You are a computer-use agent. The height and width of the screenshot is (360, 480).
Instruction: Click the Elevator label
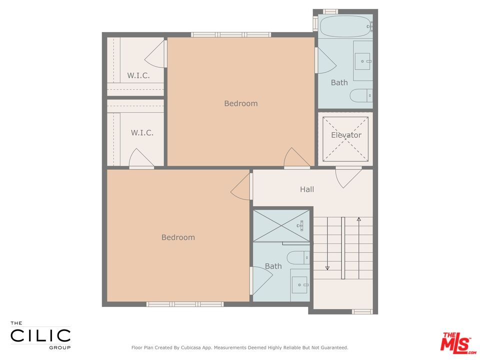tap(346, 135)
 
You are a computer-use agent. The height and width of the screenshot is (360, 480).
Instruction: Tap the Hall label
tap(307, 189)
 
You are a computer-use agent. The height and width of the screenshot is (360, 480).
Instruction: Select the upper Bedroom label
tap(240, 103)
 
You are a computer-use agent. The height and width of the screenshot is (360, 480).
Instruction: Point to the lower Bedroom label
tap(178, 237)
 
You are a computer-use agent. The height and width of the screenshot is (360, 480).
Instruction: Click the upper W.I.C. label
tap(138, 75)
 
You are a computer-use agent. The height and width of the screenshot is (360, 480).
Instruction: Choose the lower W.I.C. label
tap(142, 132)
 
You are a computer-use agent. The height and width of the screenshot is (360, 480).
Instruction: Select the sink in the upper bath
tap(362, 61)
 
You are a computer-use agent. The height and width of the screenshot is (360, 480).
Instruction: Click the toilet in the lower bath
tap(299, 257)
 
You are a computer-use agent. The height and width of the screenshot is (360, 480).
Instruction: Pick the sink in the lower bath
tap(300, 284)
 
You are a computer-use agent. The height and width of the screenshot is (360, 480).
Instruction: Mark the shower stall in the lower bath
tap(282, 226)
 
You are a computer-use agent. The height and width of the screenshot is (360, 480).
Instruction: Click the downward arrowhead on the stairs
tap(327, 268)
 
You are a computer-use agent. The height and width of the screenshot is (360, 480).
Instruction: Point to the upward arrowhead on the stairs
tap(358, 219)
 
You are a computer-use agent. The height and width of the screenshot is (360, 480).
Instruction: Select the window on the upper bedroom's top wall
tap(231, 34)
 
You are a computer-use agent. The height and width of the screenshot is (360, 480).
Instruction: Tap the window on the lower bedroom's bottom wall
tap(177, 304)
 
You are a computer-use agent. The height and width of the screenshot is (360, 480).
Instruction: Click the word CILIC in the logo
tap(40, 334)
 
